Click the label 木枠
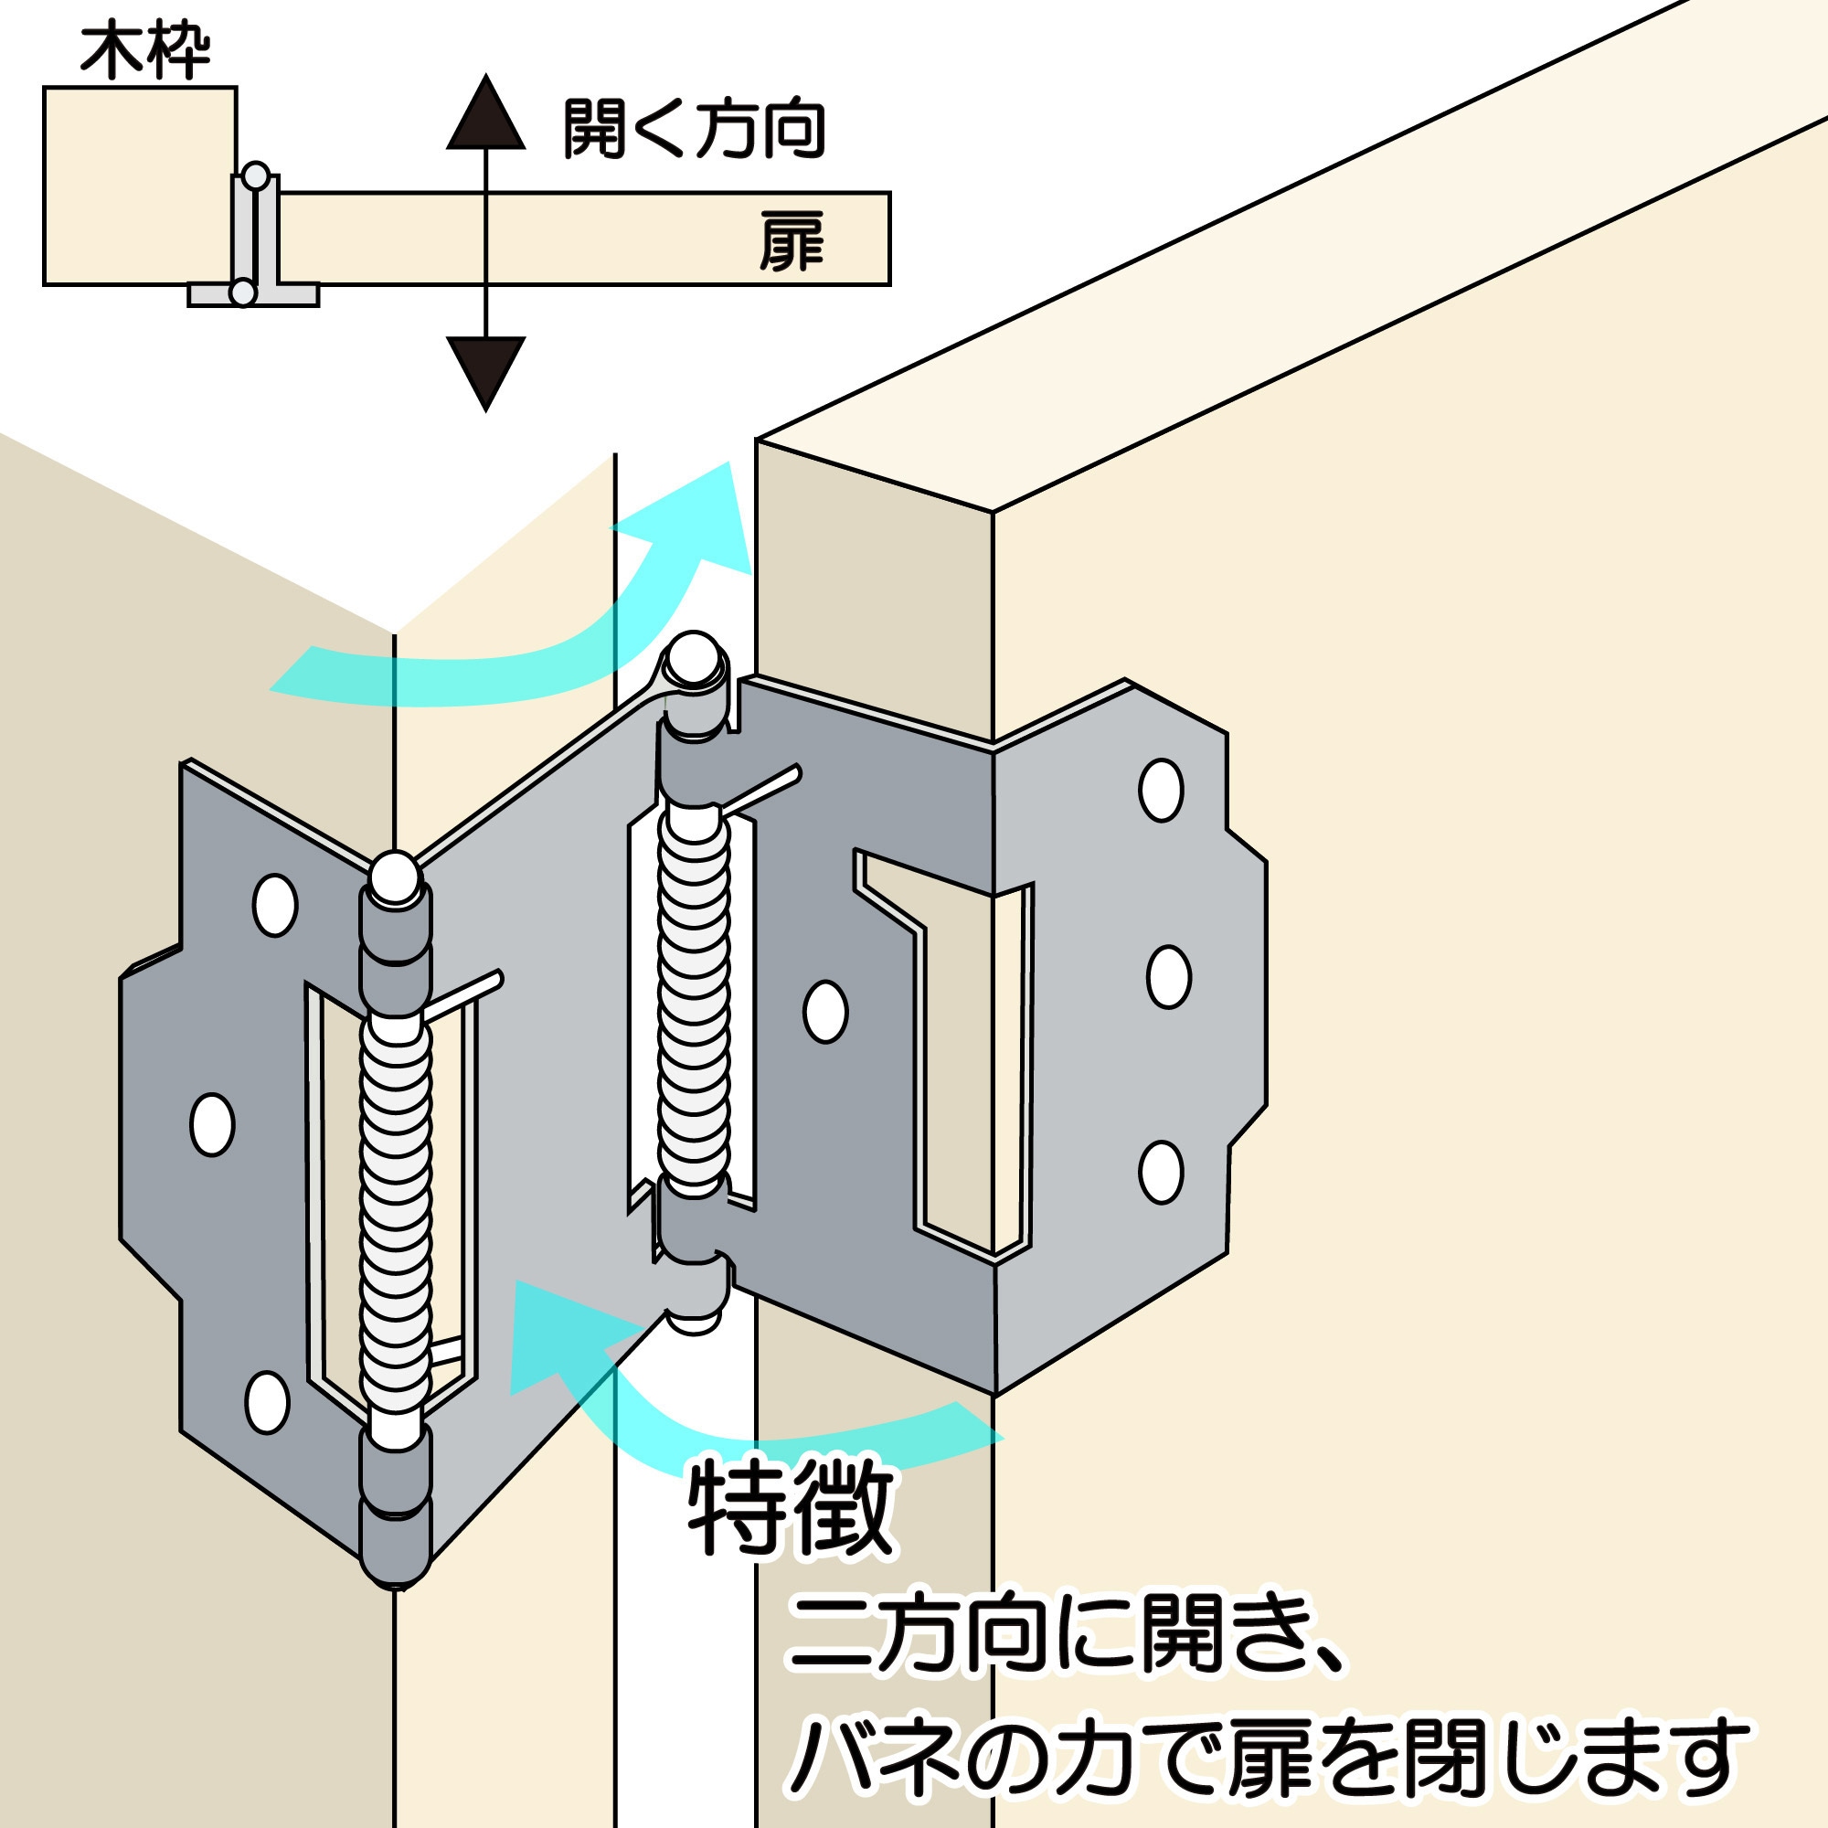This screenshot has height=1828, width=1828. coord(144,53)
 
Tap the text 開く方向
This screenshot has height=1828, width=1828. coord(694,130)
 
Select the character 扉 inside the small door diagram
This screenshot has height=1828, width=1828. coord(791,242)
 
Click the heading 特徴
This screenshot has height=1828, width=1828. coord(791,1509)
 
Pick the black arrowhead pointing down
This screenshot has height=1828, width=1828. coord(485,371)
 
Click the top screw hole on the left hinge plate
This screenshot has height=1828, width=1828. coord(274,906)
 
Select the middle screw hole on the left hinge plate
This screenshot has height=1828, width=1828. coord(212,1125)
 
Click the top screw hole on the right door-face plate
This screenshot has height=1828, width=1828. coord(1161,790)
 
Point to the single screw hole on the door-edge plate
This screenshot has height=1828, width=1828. coord(825,1013)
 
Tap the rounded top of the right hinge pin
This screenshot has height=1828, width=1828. coord(694,655)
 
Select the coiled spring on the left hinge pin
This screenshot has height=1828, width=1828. coord(396,1220)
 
